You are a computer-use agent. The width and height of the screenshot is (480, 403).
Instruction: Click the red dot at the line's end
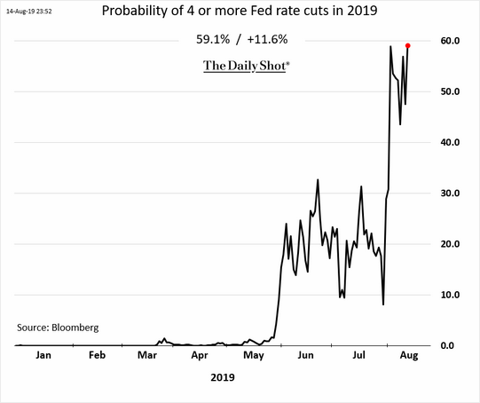pyautogui.click(x=408, y=45)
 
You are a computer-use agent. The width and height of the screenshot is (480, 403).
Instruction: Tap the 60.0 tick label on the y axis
pyautogui.click(x=450, y=41)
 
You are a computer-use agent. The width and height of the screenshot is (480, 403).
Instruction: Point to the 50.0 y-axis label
pyautogui.click(x=450, y=91)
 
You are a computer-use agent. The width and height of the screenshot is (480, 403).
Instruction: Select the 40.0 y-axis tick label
pyautogui.click(x=450, y=142)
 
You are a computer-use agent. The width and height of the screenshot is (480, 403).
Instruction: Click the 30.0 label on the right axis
pyautogui.click(x=450, y=194)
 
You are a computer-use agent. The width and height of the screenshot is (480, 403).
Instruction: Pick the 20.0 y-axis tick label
pyautogui.click(x=450, y=244)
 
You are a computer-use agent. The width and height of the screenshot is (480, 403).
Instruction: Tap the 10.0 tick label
pyautogui.click(x=450, y=295)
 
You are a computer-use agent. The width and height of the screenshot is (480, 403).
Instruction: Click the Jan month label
pyautogui.click(x=43, y=355)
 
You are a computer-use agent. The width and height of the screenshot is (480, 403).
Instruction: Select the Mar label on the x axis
pyautogui.click(x=147, y=355)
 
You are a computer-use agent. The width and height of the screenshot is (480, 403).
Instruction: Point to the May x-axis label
pyautogui.click(x=254, y=356)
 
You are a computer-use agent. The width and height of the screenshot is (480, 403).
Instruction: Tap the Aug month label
pyautogui.click(x=409, y=356)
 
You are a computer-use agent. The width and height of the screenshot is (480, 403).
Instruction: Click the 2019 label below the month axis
pyautogui.click(x=223, y=377)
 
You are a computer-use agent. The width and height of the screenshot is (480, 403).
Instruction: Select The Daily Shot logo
pyautogui.click(x=246, y=66)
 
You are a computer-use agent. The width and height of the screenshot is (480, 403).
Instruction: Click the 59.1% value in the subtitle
pyautogui.click(x=213, y=40)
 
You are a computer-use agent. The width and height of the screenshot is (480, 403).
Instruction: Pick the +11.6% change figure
pyautogui.click(x=267, y=40)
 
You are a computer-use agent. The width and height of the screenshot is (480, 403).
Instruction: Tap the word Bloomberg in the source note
pyautogui.click(x=75, y=328)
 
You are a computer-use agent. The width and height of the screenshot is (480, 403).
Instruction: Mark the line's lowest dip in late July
pyautogui.click(x=383, y=304)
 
